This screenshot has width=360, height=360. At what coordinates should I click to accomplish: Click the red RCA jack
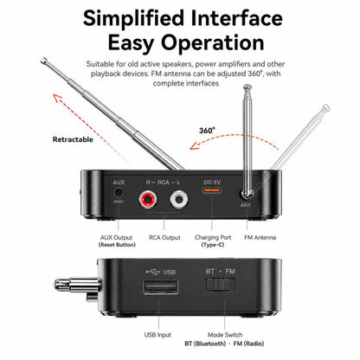click(148, 199)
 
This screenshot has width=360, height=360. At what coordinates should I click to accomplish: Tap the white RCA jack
click(179, 199)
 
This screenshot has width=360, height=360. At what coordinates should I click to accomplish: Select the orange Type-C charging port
click(212, 190)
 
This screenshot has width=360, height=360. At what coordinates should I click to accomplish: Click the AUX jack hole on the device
click(119, 192)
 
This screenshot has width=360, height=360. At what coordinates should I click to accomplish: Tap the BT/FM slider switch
click(221, 285)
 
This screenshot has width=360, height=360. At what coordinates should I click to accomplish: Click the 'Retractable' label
click(73, 139)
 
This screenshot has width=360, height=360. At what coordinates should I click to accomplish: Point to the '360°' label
click(207, 131)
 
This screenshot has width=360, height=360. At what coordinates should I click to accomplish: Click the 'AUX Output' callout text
click(116, 238)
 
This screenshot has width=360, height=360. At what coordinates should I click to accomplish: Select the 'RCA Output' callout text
click(164, 238)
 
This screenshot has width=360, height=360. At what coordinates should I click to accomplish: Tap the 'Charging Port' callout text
click(213, 238)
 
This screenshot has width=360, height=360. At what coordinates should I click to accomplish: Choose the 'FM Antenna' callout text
click(260, 238)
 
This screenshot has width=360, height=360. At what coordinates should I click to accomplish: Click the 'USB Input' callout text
click(157, 335)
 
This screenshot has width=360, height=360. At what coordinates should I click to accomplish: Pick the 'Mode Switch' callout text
click(225, 335)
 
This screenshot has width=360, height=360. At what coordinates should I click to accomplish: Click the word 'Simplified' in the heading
click(133, 18)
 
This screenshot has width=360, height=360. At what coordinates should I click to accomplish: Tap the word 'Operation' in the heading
click(213, 42)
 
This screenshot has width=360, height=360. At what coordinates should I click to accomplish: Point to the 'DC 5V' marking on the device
click(212, 183)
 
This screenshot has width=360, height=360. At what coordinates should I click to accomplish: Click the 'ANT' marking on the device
click(246, 205)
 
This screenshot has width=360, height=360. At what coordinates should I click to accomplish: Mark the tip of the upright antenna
click(247, 87)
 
